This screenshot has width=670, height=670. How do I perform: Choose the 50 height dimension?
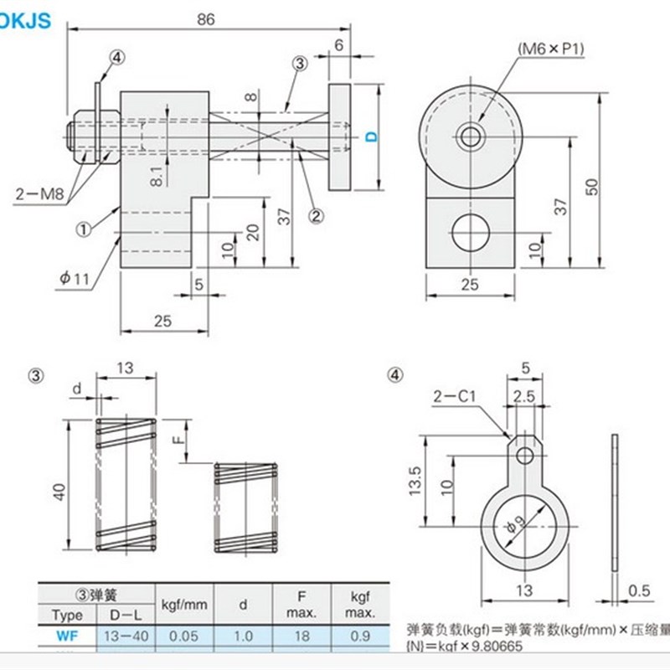614,188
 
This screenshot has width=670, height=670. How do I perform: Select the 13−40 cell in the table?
126,636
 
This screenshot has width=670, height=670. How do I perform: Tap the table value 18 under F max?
302,636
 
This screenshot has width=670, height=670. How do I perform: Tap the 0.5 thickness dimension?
639,590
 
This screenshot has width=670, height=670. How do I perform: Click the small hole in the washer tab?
524,455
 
